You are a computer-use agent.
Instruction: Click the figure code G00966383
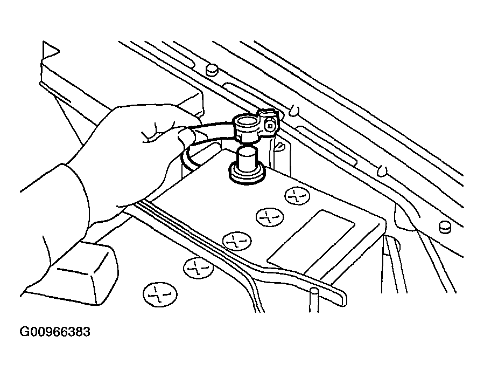[55, 332]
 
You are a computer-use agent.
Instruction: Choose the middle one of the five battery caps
[234, 241]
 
